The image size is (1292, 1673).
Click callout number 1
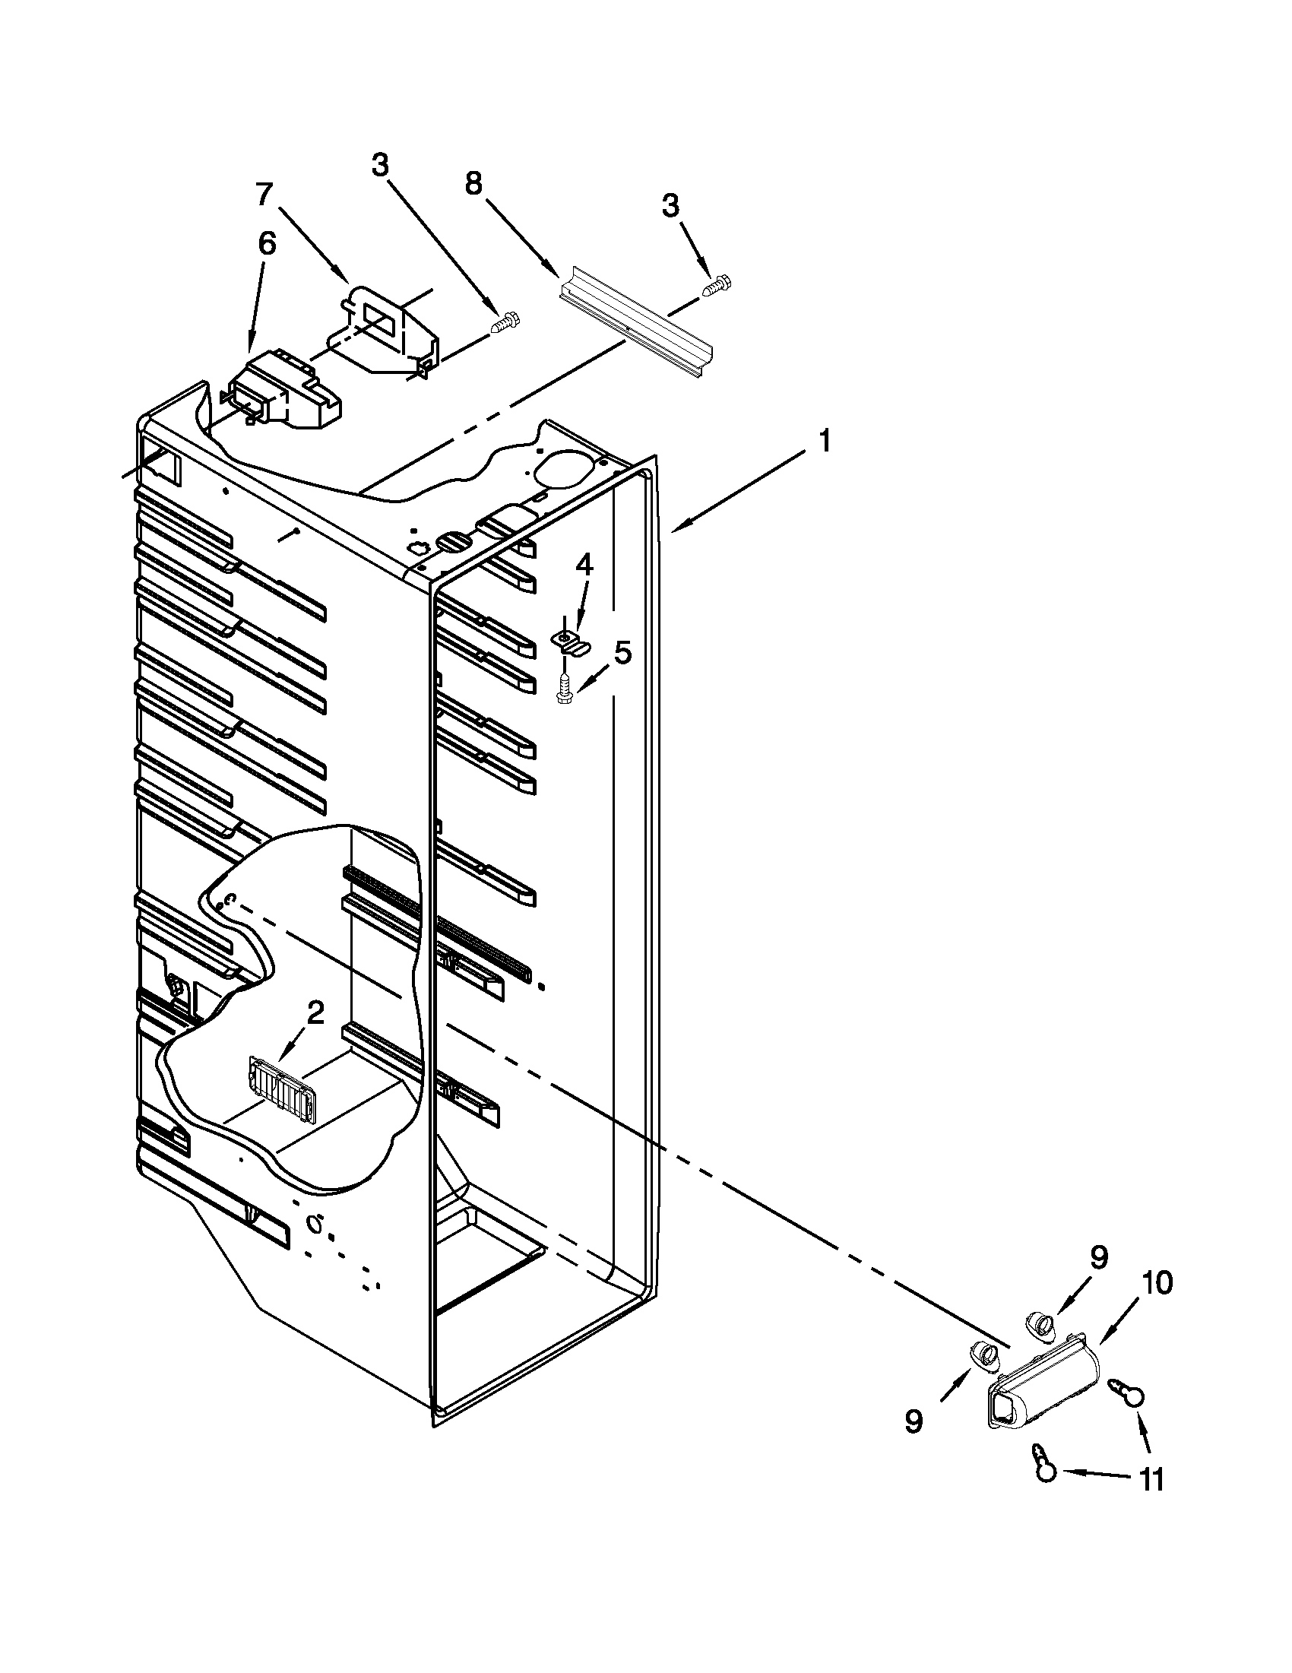point(823,442)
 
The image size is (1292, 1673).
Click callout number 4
point(584,566)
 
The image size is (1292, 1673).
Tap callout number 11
point(1151,1481)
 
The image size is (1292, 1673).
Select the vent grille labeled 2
point(282,1089)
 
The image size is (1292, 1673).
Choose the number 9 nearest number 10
point(1098,1257)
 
